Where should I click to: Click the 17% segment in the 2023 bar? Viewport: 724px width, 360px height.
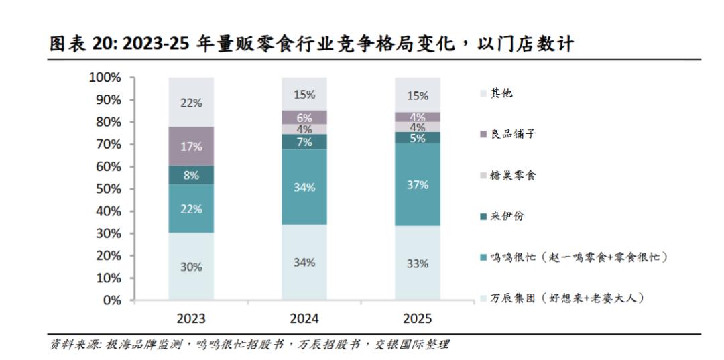click(191, 146)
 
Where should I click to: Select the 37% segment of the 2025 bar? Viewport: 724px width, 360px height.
click(418, 184)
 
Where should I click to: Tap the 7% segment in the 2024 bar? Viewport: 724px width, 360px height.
click(304, 141)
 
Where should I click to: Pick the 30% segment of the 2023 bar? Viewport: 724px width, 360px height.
click(191, 266)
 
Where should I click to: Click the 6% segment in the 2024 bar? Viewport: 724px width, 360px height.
click(304, 117)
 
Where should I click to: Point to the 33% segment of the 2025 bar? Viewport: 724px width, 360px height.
click(418, 263)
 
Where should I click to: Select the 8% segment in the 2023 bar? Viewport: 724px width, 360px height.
click(191, 176)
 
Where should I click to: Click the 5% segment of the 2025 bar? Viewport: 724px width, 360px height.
click(418, 138)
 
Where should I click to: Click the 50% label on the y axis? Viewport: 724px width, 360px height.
click(107, 189)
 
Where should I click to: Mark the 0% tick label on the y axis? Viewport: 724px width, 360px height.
click(111, 300)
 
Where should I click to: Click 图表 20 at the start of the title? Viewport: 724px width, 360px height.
click(74, 44)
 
